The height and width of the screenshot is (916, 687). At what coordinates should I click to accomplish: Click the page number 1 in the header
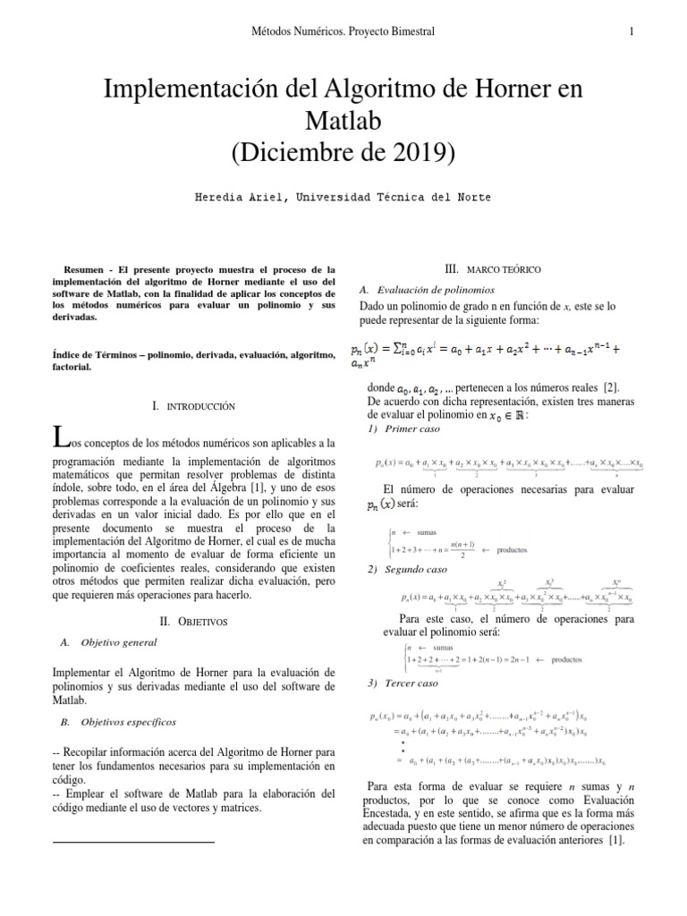[632, 32]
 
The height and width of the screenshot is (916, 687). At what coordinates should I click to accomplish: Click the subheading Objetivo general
[118, 642]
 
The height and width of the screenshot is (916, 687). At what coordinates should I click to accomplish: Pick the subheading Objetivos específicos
[128, 721]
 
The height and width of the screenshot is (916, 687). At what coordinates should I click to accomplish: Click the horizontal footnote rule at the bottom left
[134, 843]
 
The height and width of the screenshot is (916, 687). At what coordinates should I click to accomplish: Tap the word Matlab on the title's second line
[343, 120]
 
